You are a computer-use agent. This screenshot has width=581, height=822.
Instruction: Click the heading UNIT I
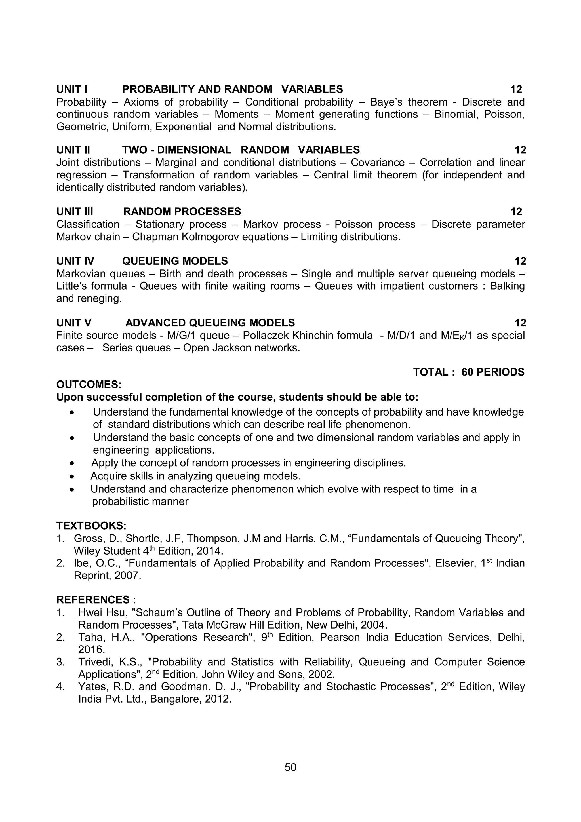coord(71,89)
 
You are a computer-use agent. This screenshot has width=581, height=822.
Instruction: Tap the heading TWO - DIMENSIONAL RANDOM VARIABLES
coord(241,150)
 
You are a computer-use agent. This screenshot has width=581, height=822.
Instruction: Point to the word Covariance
coord(377,163)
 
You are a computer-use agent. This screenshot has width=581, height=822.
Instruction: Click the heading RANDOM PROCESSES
coord(182,212)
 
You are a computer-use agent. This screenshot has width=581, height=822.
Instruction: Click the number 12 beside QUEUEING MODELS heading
coord(520,261)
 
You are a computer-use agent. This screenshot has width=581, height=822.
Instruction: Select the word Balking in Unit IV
coord(507,286)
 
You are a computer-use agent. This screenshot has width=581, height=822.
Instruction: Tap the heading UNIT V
coord(74,323)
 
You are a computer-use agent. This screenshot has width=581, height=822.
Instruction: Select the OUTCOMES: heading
coord(89,385)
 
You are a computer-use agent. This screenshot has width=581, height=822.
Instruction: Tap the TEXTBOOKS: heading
coord(91,526)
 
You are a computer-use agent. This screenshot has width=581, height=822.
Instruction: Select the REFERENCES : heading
coord(96,600)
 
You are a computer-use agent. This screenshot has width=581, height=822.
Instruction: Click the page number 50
coord(290,767)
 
